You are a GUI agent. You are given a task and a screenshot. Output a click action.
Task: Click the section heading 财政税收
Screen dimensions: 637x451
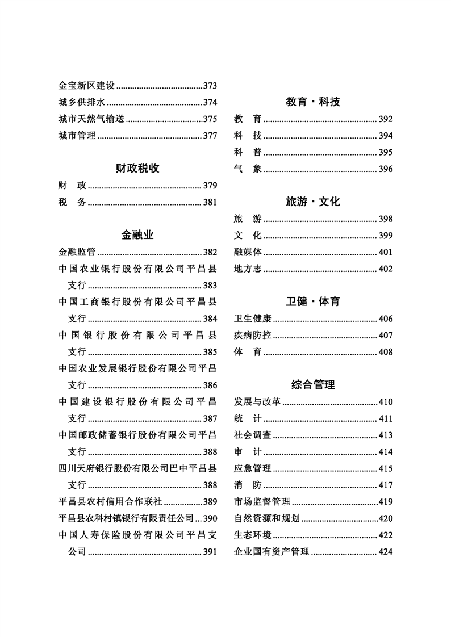pyautogui.click(x=137, y=168)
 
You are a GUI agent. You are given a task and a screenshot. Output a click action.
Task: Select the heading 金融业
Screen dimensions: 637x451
pyautogui.click(x=137, y=234)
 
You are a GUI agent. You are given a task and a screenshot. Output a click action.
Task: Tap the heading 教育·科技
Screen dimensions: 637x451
pyautogui.click(x=313, y=102)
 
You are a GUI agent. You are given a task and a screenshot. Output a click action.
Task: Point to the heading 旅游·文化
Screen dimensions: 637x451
pyautogui.click(x=313, y=202)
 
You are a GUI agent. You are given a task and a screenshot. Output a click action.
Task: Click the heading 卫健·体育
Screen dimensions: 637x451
pyautogui.click(x=313, y=301)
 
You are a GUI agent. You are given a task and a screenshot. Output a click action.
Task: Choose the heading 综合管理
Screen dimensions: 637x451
pyautogui.click(x=313, y=385)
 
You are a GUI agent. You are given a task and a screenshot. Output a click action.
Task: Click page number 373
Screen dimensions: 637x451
pyautogui.click(x=210, y=86)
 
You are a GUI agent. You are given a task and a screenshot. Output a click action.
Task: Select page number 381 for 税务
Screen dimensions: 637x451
pyautogui.click(x=210, y=202)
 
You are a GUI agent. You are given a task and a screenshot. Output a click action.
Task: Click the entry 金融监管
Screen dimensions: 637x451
pyautogui.click(x=77, y=252)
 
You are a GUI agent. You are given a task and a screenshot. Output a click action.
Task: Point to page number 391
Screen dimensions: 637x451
pyautogui.click(x=210, y=552)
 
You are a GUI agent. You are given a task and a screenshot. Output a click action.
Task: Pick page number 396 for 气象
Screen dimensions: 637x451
pyautogui.click(x=386, y=169)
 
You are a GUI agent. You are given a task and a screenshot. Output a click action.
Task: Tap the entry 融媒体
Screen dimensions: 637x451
pyautogui.click(x=248, y=252)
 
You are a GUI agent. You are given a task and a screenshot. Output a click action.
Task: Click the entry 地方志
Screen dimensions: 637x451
pyautogui.click(x=248, y=269)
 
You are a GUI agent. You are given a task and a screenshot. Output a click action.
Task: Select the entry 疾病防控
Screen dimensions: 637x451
pyautogui.click(x=252, y=336)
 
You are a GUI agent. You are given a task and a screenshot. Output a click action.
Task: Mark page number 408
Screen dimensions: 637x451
pyautogui.click(x=386, y=352)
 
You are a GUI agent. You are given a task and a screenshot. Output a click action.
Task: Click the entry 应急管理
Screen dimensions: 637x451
pyautogui.click(x=252, y=469)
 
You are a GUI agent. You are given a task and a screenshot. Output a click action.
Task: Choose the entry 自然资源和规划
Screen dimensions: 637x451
pyautogui.click(x=266, y=518)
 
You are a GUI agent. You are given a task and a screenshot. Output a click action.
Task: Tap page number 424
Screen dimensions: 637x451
pyautogui.click(x=386, y=552)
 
